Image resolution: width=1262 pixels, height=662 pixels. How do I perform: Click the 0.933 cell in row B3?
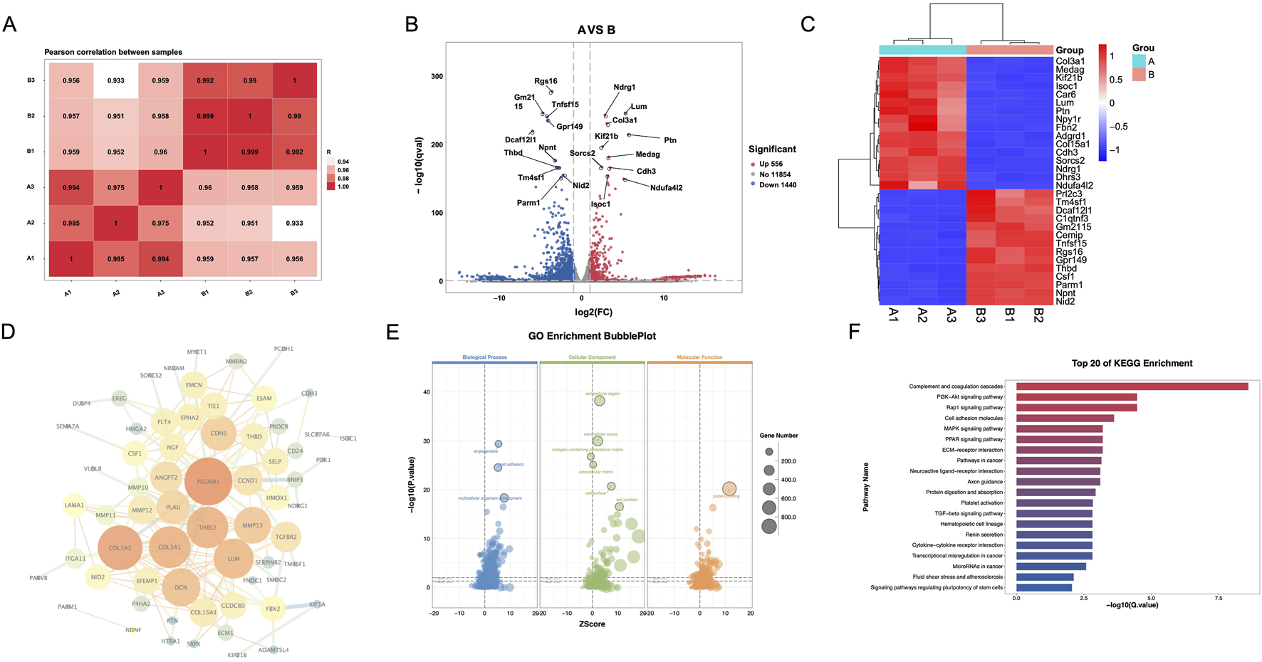coord(115,80)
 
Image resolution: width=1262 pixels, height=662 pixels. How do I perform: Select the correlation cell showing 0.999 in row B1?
coord(249,152)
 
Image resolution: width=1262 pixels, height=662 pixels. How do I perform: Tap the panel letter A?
coord(9,24)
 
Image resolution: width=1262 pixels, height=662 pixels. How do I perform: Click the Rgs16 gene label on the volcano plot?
coord(546,81)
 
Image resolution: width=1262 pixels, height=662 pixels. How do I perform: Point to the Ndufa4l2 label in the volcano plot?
coord(666,188)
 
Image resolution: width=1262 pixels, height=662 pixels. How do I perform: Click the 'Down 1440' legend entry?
coord(777,185)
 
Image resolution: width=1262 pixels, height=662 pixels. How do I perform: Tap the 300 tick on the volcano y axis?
coord(437,76)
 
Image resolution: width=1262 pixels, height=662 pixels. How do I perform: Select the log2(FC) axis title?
coord(593,312)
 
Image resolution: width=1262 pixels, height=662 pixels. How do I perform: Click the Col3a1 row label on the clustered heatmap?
coord(1070,61)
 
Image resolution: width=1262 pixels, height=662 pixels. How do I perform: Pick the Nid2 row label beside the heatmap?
coord(1065,301)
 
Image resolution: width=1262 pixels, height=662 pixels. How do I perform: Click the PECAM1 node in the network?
coord(208,482)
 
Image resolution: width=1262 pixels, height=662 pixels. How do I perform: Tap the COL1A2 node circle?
coord(120,548)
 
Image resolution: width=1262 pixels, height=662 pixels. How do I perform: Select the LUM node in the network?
coord(234,559)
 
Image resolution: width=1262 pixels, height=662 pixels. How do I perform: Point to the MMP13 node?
coord(252,525)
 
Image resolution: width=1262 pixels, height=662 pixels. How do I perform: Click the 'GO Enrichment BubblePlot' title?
coord(592,336)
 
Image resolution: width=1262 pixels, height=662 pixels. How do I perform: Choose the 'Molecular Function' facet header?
coord(699,357)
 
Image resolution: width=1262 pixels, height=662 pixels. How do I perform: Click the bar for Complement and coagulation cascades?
coord(1132,387)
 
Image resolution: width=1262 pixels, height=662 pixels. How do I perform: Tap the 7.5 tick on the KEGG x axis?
coord(1219,598)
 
